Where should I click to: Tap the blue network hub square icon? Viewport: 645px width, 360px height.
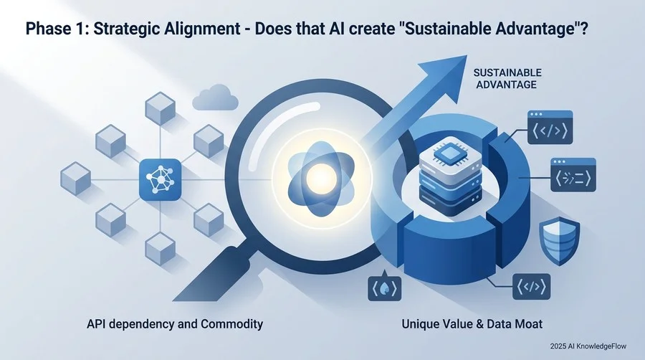[161, 180]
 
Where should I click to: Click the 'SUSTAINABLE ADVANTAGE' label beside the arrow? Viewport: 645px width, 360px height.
[507, 79]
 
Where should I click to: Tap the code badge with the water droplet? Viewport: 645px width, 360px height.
[384, 286]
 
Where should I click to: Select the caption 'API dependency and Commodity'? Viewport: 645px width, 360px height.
[175, 324]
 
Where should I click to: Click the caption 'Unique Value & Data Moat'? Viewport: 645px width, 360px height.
[472, 324]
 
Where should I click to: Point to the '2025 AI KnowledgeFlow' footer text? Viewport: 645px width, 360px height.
[588, 346]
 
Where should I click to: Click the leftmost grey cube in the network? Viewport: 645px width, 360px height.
[76, 179]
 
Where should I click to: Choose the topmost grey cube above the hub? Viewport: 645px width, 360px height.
[161, 108]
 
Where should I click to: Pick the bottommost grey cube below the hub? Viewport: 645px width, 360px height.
[161, 249]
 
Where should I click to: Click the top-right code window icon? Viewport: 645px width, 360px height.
[550, 127]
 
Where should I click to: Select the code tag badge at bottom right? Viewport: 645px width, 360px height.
[532, 286]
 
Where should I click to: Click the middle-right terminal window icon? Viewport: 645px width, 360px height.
[573, 175]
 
